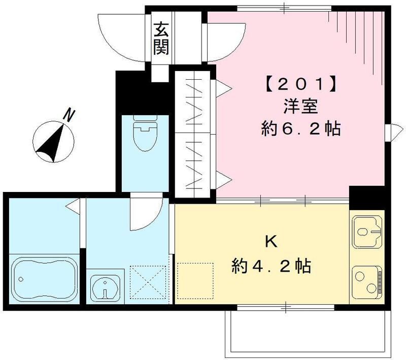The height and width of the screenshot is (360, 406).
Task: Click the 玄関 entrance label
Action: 162,40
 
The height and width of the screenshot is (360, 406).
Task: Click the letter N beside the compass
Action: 70,115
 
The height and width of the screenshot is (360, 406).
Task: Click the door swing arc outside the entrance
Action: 119,36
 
